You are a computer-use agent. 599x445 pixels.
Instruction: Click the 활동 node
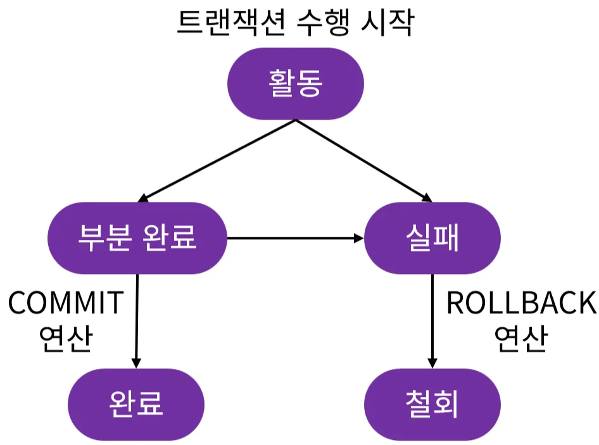(x=295, y=84)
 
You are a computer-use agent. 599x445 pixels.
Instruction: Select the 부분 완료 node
(x=137, y=238)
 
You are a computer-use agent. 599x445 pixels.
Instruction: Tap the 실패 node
(x=432, y=238)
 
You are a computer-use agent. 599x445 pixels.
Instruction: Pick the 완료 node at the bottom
(x=136, y=404)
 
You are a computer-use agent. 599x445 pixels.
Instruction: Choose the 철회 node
(x=432, y=404)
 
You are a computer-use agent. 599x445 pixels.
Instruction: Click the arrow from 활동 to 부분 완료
(x=217, y=160)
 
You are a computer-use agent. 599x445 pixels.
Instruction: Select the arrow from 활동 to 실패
(x=363, y=160)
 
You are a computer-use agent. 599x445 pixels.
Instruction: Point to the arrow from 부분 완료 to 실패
(x=295, y=239)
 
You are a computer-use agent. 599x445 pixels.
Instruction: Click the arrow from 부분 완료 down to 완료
(x=137, y=321)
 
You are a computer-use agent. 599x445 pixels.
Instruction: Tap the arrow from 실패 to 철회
(x=432, y=321)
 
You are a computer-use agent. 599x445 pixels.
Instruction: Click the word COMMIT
(x=66, y=303)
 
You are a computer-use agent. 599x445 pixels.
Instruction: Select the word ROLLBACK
(x=522, y=303)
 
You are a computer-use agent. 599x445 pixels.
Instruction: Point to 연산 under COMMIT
(x=66, y=338)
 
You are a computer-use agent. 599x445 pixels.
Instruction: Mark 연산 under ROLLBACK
(x=521, y=338)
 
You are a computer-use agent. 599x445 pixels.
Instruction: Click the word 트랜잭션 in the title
(x=232, y=22)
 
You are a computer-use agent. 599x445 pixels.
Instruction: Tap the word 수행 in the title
(x=323, y=22)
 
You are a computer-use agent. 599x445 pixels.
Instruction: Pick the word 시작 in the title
(x=387, y=22)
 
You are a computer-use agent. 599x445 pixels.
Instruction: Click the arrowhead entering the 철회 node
(x=432, y=363)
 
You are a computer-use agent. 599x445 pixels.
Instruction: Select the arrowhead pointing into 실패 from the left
(x=359, y=239)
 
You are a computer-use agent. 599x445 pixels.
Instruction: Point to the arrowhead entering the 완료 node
(x=136, y=363)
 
